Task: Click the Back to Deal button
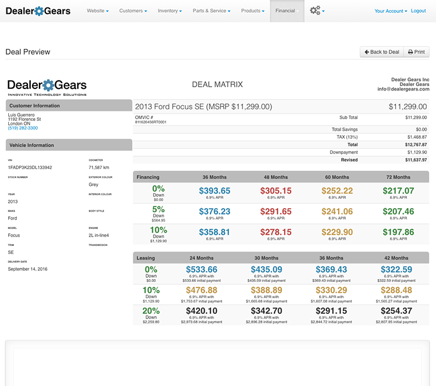pyautogui.click(x=381, y=52)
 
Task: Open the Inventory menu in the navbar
pyautogui.click(x=170, y=11)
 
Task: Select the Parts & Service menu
pyautogui.click(x=212, y=11)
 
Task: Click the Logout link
pyautogui.click(x=418, y=11)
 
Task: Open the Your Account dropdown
pyautogui.click(x=391, y=11)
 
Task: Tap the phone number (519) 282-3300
pyautogui.click(x=23, y=128)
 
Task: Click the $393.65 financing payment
pyautogui.click(x=215, y=191)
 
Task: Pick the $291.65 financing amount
pyautogui.click(x=276, y=212)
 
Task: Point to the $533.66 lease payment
pyautogui.click(x=201, y=270)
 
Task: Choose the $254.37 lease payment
pyautogui.click(x=397, y=311)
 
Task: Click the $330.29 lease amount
pyautogui.click(x=331, y=290)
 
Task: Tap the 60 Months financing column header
pyautogui.click(x=337, y=177)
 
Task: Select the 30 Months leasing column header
pyautogui.click(x=266, y=258)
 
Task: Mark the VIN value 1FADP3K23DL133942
pyautogui.click(x=30, y=167)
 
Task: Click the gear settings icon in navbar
pyautogui.click(x=316, y=10)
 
